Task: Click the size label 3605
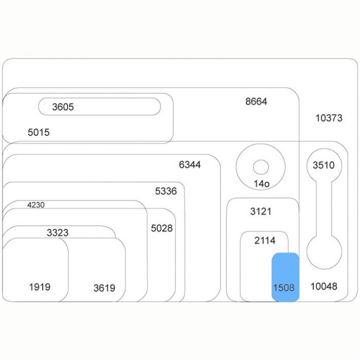click(x=63, y=107)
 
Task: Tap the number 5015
click(x=39, y=133)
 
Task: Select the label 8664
click(x=256, y=101)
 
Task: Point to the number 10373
click(x=329, y=118)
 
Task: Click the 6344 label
click(x=190, y=165)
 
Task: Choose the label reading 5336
click(x=166, y=191)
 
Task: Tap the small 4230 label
click(x=36, y=205)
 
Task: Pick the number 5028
click(x=162, y=228)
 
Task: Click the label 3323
click(x=58, y=233)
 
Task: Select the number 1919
click(x=40, y=287)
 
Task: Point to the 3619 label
click(x=104, y=288)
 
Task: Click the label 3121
click(x=261, y=211)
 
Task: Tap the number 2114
click(x=265, y=241)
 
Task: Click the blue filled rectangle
click(x=285, y=277)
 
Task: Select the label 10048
click(x=324, y=286)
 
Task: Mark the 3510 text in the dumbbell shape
click(x=323, y=165)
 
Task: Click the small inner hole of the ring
click(x=261, y=167)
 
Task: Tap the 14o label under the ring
click(x=261, y=184)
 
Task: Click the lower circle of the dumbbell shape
click(x=324, y=252)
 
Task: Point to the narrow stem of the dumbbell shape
click(x=324, y=208)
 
